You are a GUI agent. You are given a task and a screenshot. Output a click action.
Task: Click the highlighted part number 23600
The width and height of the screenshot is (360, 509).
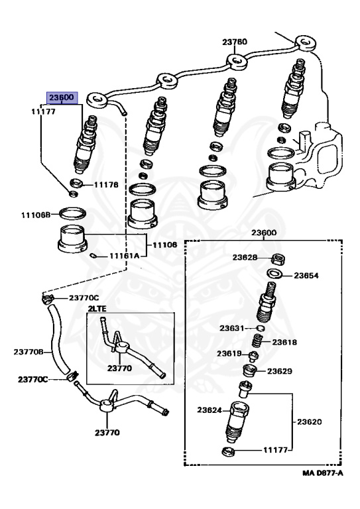click(62, 97)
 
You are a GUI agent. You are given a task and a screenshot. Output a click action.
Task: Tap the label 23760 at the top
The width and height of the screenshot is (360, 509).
click(235, 42)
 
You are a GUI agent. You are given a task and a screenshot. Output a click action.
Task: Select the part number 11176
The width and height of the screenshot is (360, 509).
click(106, 185)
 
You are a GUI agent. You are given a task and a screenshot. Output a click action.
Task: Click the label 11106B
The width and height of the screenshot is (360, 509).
click(36, 215)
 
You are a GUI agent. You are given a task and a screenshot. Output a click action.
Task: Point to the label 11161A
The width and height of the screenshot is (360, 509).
click(124, 256)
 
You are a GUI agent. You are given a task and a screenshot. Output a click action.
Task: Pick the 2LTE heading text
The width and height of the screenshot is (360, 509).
click(97, 309)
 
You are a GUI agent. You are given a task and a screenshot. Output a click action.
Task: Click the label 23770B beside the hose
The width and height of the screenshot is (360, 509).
click(29, 352)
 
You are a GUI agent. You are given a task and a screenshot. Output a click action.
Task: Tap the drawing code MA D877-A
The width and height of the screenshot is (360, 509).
click(322, 473)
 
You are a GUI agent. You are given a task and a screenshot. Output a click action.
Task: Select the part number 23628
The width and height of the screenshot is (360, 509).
click(245, 257)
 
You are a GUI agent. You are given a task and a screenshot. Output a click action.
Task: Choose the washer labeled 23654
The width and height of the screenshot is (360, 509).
click(274, 273)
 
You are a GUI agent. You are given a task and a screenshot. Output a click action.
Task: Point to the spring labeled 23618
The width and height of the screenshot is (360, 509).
click(257, 341)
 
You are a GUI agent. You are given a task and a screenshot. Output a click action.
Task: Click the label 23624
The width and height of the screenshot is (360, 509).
click(210, 410)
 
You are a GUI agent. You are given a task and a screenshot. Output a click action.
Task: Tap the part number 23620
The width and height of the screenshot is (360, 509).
click(310, 422)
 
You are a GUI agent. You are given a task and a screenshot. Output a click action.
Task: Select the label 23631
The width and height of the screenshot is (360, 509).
click(231, 328)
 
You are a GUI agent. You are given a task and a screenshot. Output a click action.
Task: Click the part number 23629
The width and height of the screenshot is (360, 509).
click(280, 371)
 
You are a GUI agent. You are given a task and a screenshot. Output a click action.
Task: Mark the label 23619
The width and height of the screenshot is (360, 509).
click(229, 353)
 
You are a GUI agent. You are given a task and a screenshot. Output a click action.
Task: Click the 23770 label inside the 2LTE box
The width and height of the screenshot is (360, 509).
click(119, 368)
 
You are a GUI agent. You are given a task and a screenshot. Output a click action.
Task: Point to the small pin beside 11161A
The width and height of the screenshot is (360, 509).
click(93, 255)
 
